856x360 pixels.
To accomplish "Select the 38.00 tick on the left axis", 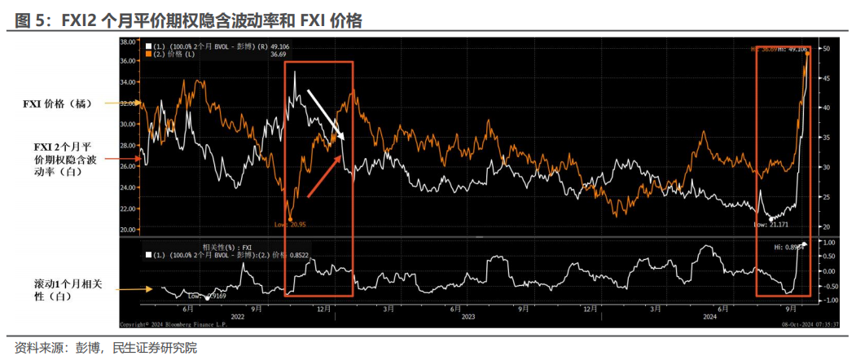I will click(x=127, y=40).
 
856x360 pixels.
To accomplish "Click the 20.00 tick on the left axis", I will click(x=127, y=230).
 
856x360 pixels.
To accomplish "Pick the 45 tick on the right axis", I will click(x=824, y=78).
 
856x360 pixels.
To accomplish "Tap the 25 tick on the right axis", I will click(x=824, y=197).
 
